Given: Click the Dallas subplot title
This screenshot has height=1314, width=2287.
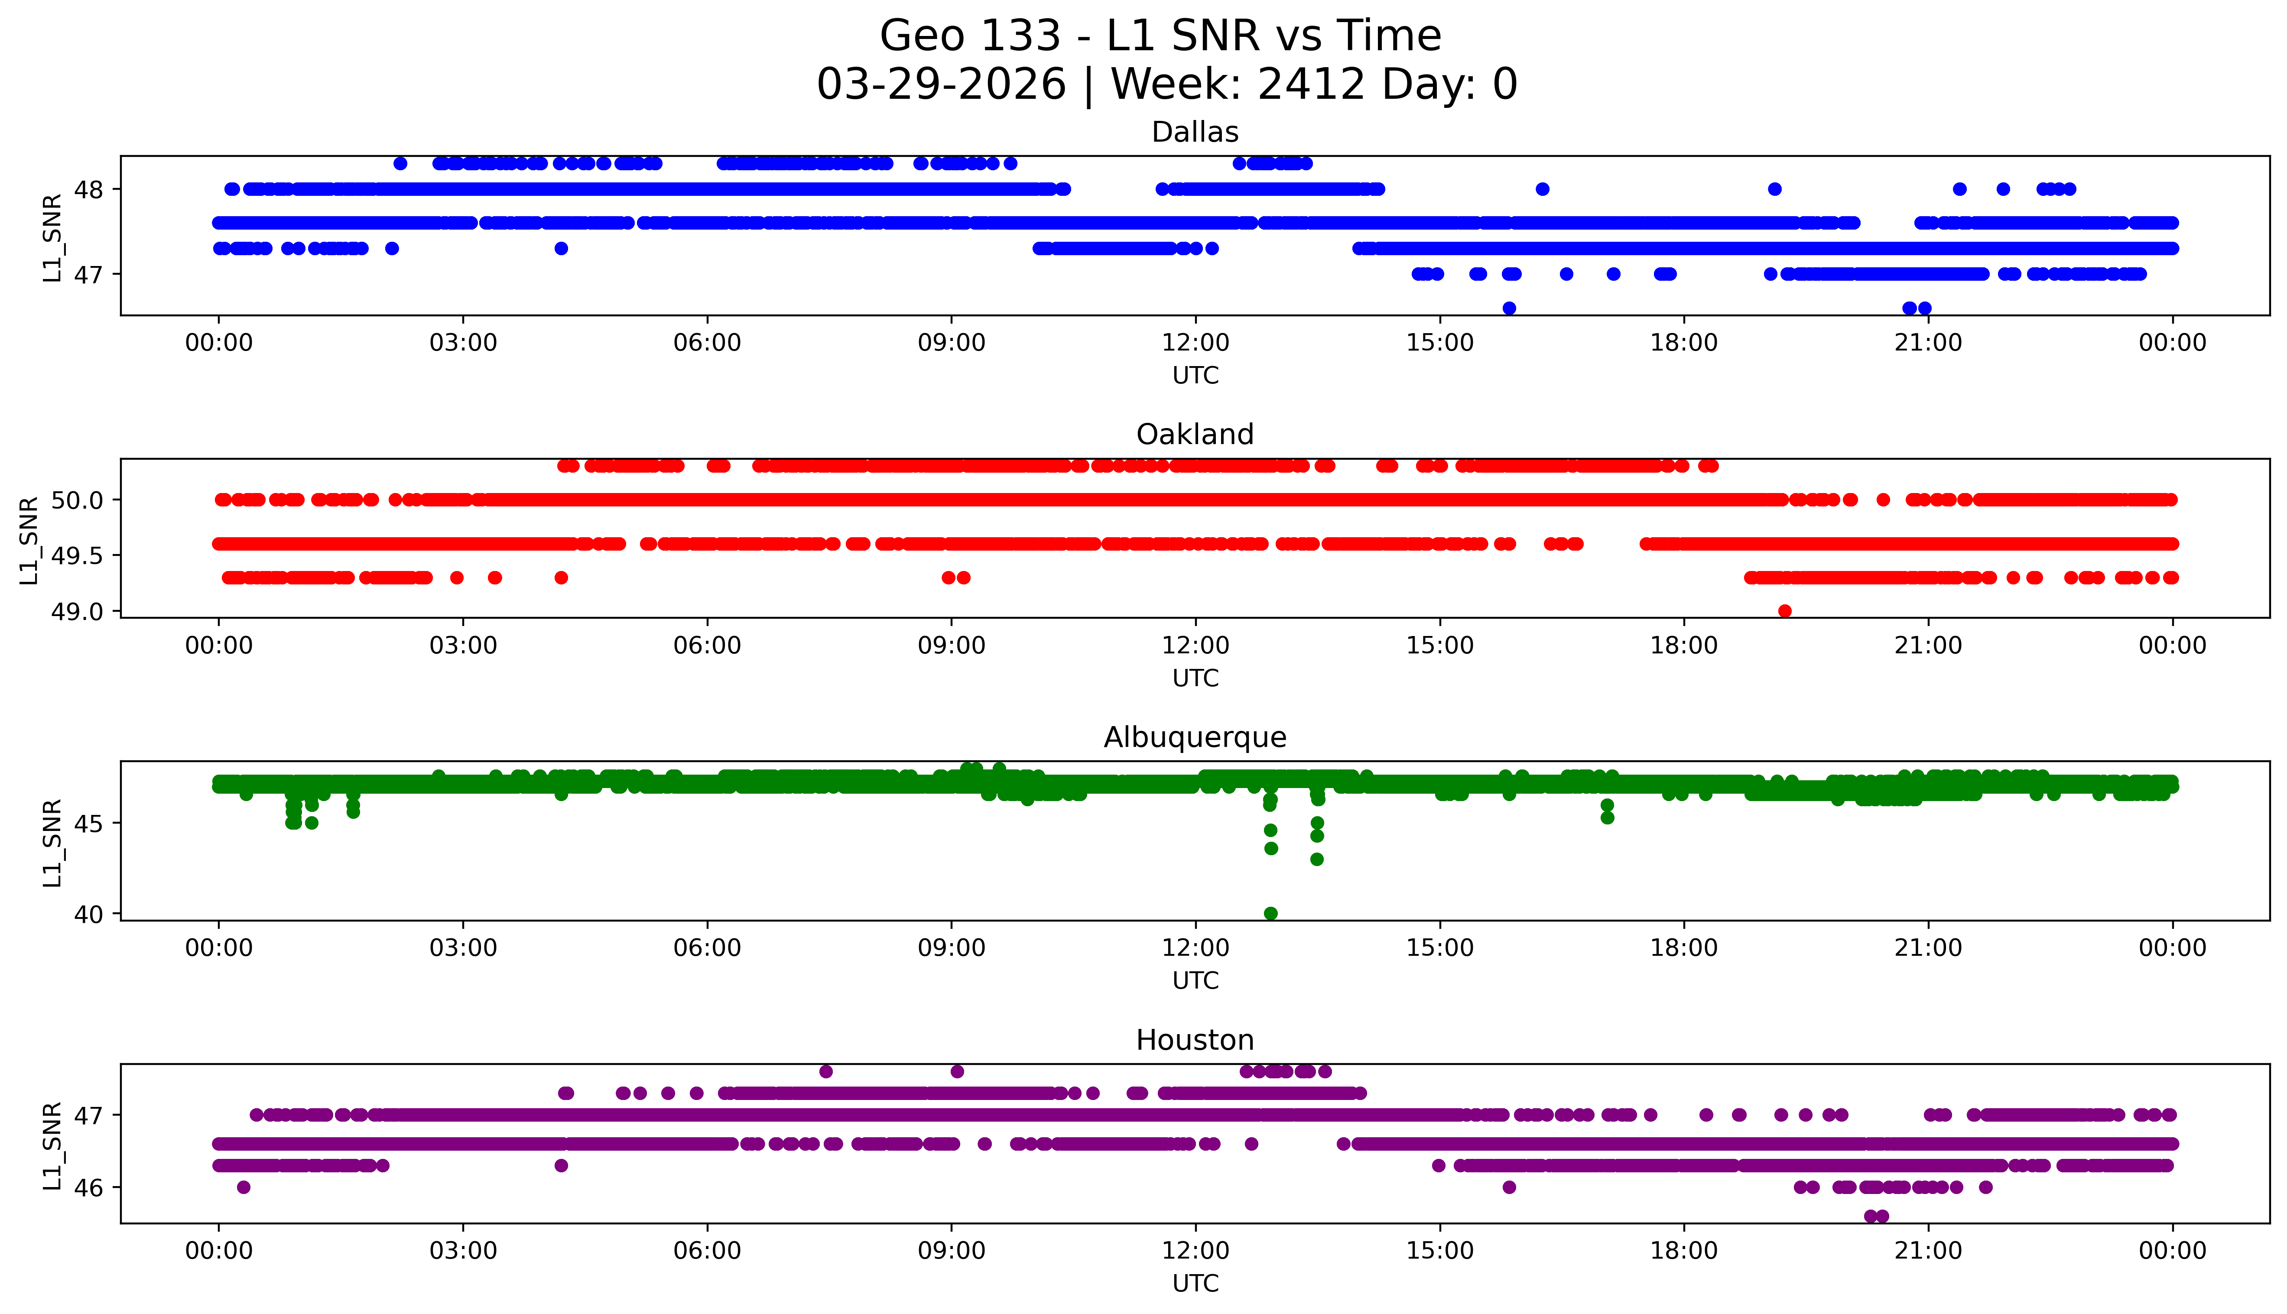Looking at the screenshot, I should coord(1195,133).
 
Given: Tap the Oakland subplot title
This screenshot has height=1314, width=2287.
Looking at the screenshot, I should coord(1195,435).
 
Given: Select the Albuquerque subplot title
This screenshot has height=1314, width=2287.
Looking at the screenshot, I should coord(1195,737).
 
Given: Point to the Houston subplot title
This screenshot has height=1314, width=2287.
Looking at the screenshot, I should coord(1195,1041).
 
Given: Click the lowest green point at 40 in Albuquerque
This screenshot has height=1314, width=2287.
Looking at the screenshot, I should coord(1271,913).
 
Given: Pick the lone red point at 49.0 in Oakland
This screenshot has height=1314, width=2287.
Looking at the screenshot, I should coord(1784,611).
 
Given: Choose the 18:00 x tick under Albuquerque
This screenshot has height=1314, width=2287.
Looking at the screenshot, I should coord(1684,948).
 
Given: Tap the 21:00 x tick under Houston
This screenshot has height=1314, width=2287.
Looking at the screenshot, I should coord(1928,1251).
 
